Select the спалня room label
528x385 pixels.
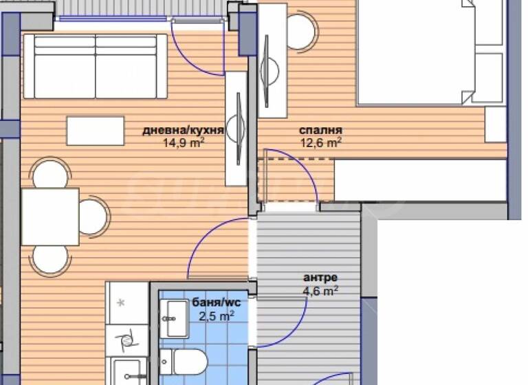coord(320,130)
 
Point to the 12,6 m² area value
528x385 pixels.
coord(320,143)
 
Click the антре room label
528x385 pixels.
coord(320,278)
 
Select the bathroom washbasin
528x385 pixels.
coord(175,319)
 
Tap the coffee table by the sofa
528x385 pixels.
coord(96,131)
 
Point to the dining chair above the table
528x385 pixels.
coord(51,173)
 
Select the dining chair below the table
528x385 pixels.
coord(51,259)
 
